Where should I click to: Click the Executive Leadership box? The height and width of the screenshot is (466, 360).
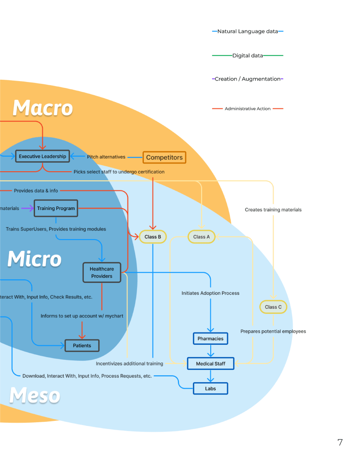pos(42,156)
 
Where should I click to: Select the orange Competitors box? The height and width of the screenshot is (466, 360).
pos(164,158)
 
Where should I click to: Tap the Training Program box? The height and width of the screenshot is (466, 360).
pos(56,208)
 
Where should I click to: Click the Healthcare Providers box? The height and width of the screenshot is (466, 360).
pos(101,272)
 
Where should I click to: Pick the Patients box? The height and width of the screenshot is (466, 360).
pos(82,346)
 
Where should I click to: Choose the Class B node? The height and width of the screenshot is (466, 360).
pos(153,237)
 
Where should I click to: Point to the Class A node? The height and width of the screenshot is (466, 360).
pos(202,237)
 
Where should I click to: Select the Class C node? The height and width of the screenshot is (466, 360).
pos(273,307)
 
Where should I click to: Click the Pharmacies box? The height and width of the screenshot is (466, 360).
pos(210,339)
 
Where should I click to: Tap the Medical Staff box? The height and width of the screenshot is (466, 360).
pos(210,364)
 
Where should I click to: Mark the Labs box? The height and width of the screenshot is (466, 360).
pos(210,389)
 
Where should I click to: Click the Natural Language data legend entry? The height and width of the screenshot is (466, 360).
pos(248,31)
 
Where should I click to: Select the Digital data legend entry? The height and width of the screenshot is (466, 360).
pos(248,56)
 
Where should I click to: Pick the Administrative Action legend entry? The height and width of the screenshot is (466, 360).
pos(248,109)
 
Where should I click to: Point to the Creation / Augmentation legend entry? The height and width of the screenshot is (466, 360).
pos(248,79)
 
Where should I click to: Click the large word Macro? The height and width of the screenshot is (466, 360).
pos(43,108)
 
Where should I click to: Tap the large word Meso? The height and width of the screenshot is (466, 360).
pos(35,395)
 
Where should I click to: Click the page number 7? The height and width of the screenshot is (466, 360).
pos(340,442)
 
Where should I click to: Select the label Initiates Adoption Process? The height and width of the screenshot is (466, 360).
pos(210,293)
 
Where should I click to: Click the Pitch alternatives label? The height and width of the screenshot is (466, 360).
pos(106,157)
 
